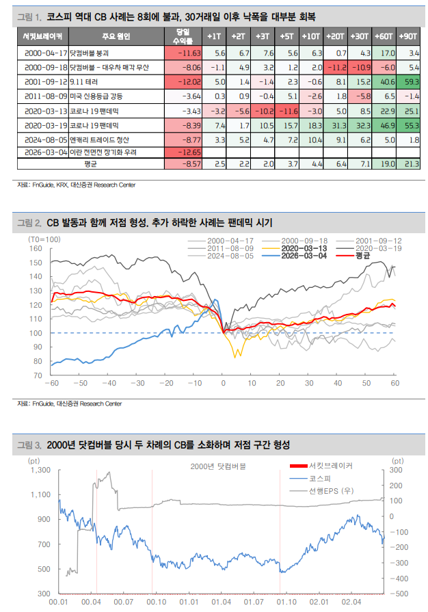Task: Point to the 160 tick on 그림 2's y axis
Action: (36, 248)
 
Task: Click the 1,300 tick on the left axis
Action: (40, 470)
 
